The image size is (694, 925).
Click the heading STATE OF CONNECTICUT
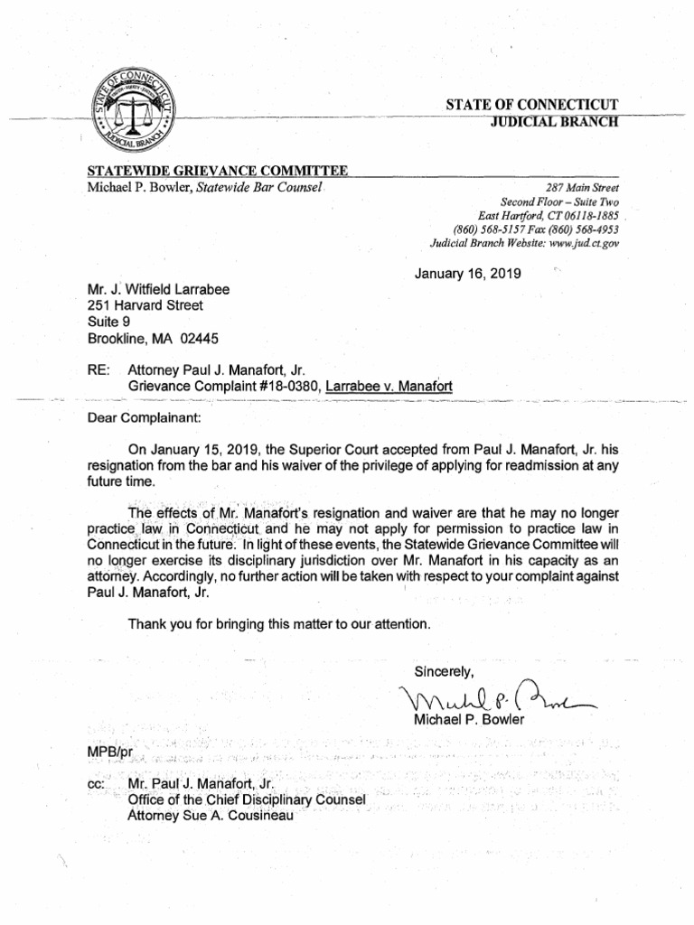(x=531, y=105)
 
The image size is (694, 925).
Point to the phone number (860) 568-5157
(x=494, y=229)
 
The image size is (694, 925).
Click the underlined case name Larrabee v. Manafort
(x=389, y=386)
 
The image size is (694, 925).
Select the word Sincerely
(x=443, y=671)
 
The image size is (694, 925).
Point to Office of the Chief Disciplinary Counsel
(x=247, y=799)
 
